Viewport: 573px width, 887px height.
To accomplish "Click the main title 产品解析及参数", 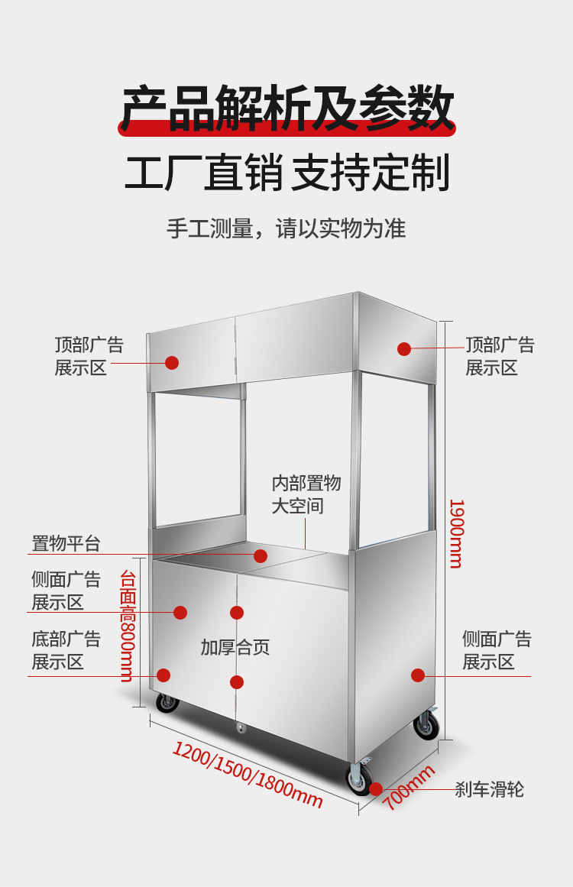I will pyautogui.click(x=287, y=109).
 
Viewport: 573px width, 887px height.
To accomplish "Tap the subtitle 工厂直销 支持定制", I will pyautogui.click(x=287, y=173).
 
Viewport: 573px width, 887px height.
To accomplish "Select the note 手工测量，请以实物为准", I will pyautogui.click(x=286, y=228).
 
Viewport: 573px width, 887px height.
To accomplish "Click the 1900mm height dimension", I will pyautogui.click(x=456, y=533).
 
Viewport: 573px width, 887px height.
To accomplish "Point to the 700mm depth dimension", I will pyautogui.click(x=409, y=788).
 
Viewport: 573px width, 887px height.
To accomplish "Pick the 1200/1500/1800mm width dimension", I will pyautogui.click(x=248, y=774).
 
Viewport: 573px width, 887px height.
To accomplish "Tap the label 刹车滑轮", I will pyautogui.click(x=490, y=789).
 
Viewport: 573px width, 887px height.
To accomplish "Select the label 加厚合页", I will pyautogui.click(x=235, y=648).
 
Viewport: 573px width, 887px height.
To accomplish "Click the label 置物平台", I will pyautogui.click(x=66, y=544).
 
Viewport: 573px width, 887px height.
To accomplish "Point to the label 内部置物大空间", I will pyautogui.click(x=306, y=494).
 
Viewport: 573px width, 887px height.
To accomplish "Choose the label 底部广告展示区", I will pyautogui.click(x=66, y=650).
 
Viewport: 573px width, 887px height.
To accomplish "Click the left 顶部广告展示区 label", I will pyautogui.click(x=89, y=356).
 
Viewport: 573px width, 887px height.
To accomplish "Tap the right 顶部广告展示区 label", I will pyautogui.click(x=500, y=356).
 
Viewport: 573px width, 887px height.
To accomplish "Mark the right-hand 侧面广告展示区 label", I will pyautogui.click(x=497, y=650).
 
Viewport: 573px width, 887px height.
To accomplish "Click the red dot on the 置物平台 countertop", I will pyautogui.click(x=261, y=556).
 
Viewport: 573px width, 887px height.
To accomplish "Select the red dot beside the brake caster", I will pyautogui.click(x=376, y=788).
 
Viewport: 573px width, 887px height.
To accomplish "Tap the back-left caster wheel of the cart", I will pyautogui.click(x=167, y=703).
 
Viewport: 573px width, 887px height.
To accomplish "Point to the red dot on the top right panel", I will pyautogui.click(x=404, y=349).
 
